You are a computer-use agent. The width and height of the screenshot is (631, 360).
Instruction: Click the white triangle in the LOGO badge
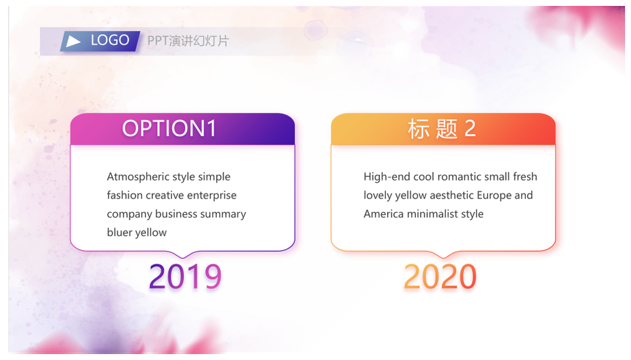tap(73, 41)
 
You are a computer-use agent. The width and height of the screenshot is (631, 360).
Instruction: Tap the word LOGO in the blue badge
tap(110, 40)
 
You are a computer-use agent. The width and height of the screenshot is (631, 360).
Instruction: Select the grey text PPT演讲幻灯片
tap(188, 41)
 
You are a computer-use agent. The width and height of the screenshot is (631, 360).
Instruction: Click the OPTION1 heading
tap(169, 129)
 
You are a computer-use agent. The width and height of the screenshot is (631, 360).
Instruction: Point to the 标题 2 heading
tap(442, 129)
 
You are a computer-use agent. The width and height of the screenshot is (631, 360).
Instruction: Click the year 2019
tap(185, 277)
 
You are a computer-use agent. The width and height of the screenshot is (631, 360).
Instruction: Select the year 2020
tap(440, 277)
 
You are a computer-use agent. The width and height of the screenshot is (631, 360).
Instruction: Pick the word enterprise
tap(212, 196)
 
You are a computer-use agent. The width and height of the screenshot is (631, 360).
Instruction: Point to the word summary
tap(223, 214)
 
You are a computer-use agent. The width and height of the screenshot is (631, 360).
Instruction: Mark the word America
tap(383, 214)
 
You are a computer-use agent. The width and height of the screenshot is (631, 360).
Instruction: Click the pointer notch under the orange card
tap(443, 255)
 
